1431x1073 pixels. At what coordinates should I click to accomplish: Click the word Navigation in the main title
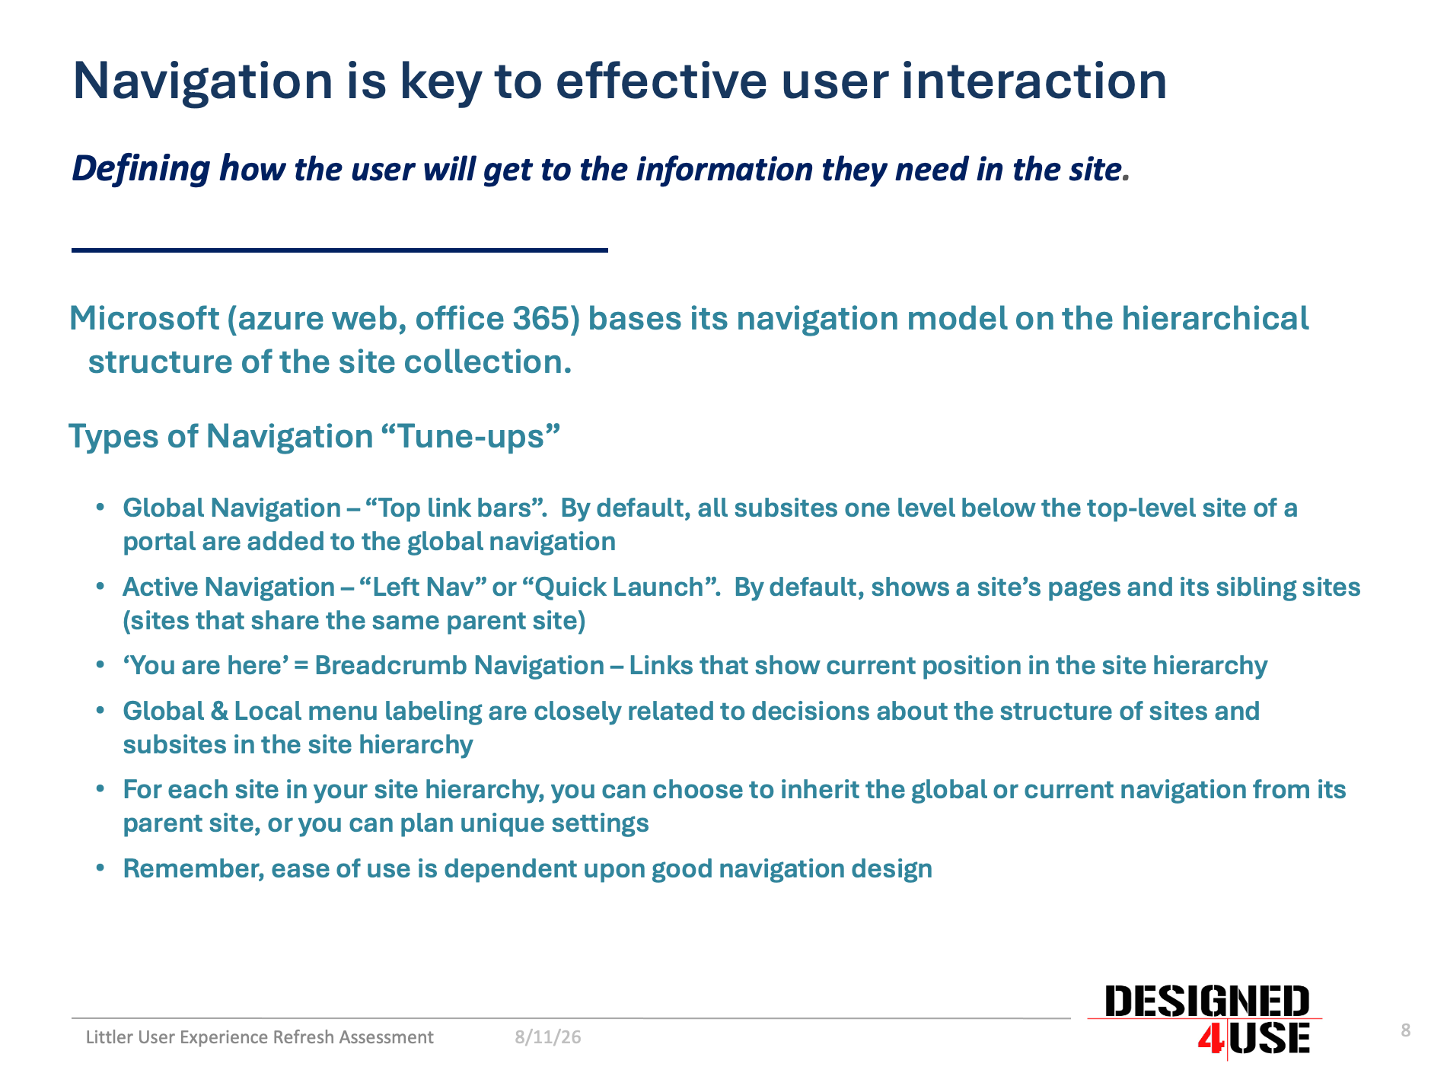point(203,81)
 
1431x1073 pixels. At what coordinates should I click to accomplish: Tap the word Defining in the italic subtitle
point(141,169)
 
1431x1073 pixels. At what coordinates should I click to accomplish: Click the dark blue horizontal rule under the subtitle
point(339,250)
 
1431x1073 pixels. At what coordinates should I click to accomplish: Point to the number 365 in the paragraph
point(546,318)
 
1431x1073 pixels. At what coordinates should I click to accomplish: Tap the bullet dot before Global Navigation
point(100,508)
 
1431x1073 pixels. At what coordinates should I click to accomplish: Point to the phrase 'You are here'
point(206,665)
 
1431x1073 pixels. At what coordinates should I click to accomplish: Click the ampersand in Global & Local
point(219,711)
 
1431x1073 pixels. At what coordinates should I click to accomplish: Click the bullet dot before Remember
point(100,868)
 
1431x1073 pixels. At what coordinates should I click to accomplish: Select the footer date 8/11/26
point(548,1037)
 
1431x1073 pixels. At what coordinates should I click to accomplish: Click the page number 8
point(1405,1030)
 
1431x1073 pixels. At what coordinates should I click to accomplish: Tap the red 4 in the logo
point(1212,1039)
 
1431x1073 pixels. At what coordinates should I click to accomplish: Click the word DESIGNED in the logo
point(1207,1001)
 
